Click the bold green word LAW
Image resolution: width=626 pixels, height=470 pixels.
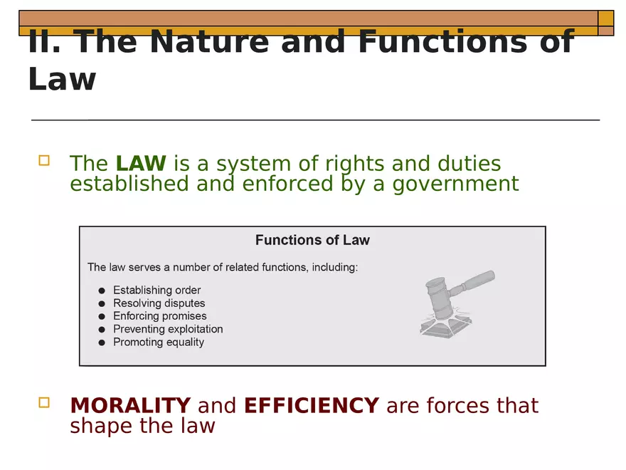(x=141, y=163)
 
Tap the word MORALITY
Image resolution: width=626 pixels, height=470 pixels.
(x=130, y=405)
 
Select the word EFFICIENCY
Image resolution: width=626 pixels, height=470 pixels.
(x=311, y=405)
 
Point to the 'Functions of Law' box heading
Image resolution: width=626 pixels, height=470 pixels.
(x=312, y=240)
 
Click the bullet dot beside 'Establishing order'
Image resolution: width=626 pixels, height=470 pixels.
(x=101, y=291)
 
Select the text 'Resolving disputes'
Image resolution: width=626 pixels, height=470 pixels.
(x=159, y=303)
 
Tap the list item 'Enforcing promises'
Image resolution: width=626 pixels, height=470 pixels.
(x=159, y=316)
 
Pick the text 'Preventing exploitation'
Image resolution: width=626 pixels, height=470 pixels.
(x=168, y=329)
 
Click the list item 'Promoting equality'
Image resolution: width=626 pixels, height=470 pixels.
(x=158, y=342)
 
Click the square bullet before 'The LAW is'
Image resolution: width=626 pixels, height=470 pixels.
(x=44, y=161)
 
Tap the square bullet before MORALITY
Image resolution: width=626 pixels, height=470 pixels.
(x=44, y=403)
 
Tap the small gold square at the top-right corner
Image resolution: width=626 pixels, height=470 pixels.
(x=605, y=18)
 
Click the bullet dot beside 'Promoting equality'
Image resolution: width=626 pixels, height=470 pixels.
(x=101, y=343)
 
